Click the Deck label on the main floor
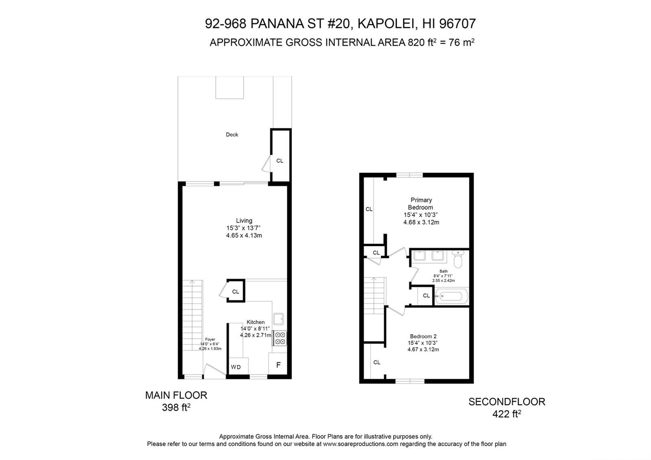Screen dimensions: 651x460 pyautogui.click(x=232, y=135)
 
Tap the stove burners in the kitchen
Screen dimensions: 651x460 pyautogui.click(x=280, y=338)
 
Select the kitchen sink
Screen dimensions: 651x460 pyautogui.click(x=278, y=319)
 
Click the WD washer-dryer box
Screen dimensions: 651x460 pyautogui.click(x=238, y=366)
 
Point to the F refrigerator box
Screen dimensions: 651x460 pyautogui.click(x=278, y=364)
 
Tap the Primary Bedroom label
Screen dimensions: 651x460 pyautogui.click(x=421, y=204)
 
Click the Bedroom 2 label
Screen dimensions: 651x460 pyautogui.click(x=423, y=336)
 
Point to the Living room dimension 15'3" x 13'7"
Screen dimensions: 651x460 pyautogui.click(x=244, y=228)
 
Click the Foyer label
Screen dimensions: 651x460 pyautogui.click(x=210, y=340)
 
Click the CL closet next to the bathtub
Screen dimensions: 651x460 pyautogui.click(x=426, y=296)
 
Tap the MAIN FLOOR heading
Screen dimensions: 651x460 pyautogui.click(x=176, y=395)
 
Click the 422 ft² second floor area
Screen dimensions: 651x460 pyautogui.click(x=507, y=414)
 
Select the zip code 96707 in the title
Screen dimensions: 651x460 pyautogui.click(x=457, y=24)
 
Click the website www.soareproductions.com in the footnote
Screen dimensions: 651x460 pyautogui.click(x=360, y=444)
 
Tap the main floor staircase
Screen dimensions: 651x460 pyautogui.click(x=192, y=315)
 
